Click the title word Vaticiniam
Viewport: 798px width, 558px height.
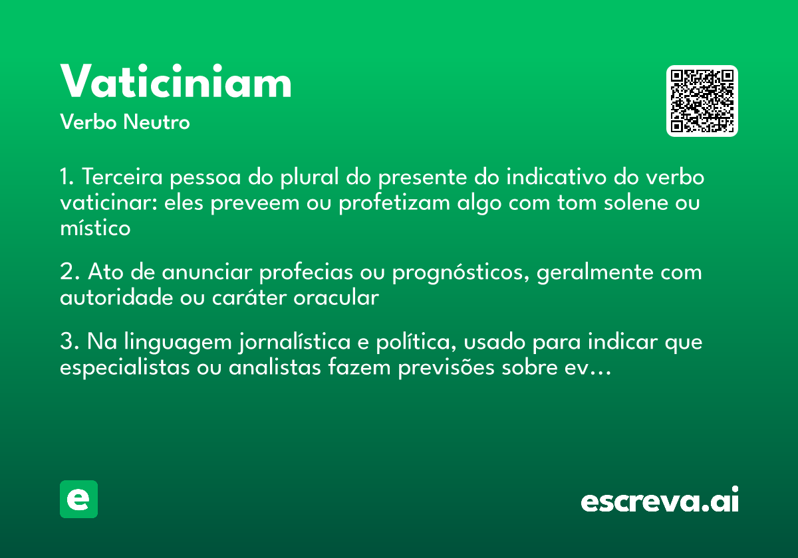click(x=176, y=82)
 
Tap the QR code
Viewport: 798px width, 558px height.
click(x=702, y=101)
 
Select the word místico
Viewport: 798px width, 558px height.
click(x=94, y=227)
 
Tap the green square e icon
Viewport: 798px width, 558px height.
click(x=78, y=499)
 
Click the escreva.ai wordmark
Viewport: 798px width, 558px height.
click(x=660, y=500)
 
